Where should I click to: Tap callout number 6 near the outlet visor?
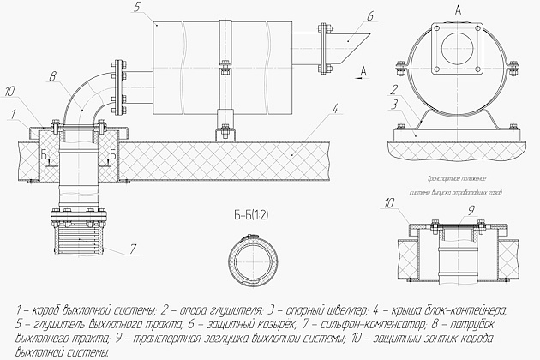tap(345, 15)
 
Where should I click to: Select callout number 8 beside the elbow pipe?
tap(52, 77)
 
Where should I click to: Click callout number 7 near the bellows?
tap(134, 249)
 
